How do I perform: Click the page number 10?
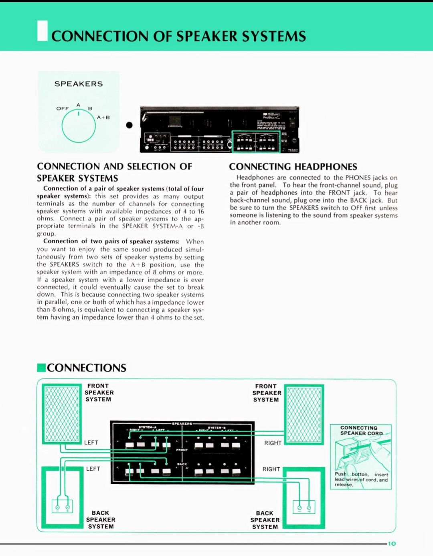coord(392,544)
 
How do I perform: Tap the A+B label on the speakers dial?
coord(103,117)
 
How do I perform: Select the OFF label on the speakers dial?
coord(63,109)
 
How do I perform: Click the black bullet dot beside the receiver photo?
coord(129,125)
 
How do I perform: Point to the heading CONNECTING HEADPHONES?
coord(293,167)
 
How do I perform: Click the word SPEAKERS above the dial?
coord(79,84)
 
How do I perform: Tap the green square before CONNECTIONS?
coord(41,368)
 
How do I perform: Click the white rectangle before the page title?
coord(42,31)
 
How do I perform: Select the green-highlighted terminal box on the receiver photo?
coord(256,142)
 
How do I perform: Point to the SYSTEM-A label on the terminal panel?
coord(147,427)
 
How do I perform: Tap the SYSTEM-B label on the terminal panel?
coord(216,428)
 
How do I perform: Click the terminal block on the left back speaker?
coord(63,507)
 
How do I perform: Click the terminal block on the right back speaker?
coord(304,507)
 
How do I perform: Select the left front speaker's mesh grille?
coord(62,414)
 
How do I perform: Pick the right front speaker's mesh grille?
coord(304,414)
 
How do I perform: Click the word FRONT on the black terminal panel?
coord(182,450)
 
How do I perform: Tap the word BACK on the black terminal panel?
coord(182,464)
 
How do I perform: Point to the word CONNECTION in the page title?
coord(99,36)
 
